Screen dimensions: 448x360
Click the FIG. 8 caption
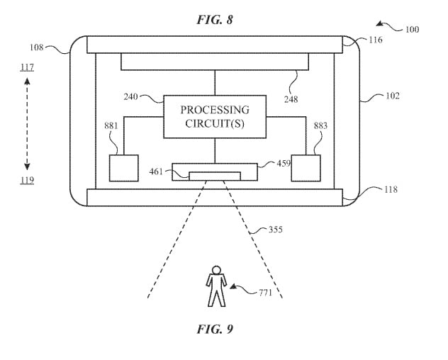pos(215,20)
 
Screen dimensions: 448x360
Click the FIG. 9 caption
pos(215,329)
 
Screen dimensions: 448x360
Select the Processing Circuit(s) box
pos(215,117)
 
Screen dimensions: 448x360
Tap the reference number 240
pos(131,97)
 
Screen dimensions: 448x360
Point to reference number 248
pos(291,99)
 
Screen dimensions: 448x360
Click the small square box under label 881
pos(124,168)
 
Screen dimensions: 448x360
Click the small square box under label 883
pos(306,168)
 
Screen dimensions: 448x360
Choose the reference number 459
pos(284,163)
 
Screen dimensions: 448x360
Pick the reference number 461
pos(156,171)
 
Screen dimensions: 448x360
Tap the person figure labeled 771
pos(216,286)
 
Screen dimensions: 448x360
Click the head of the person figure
pos(217,270)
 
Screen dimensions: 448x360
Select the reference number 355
pos(276,230)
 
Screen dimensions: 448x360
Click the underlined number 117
pos(27,67)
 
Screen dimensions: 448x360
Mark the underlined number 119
pos(27,180)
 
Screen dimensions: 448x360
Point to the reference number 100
pos(413,30)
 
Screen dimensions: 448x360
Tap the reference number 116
pos(376,40)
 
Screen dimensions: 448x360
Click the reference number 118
pos(391,189)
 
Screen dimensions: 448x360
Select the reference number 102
pos(393,96)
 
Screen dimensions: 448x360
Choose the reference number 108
pos(37,47)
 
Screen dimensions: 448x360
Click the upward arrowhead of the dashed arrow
pos(27,81)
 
